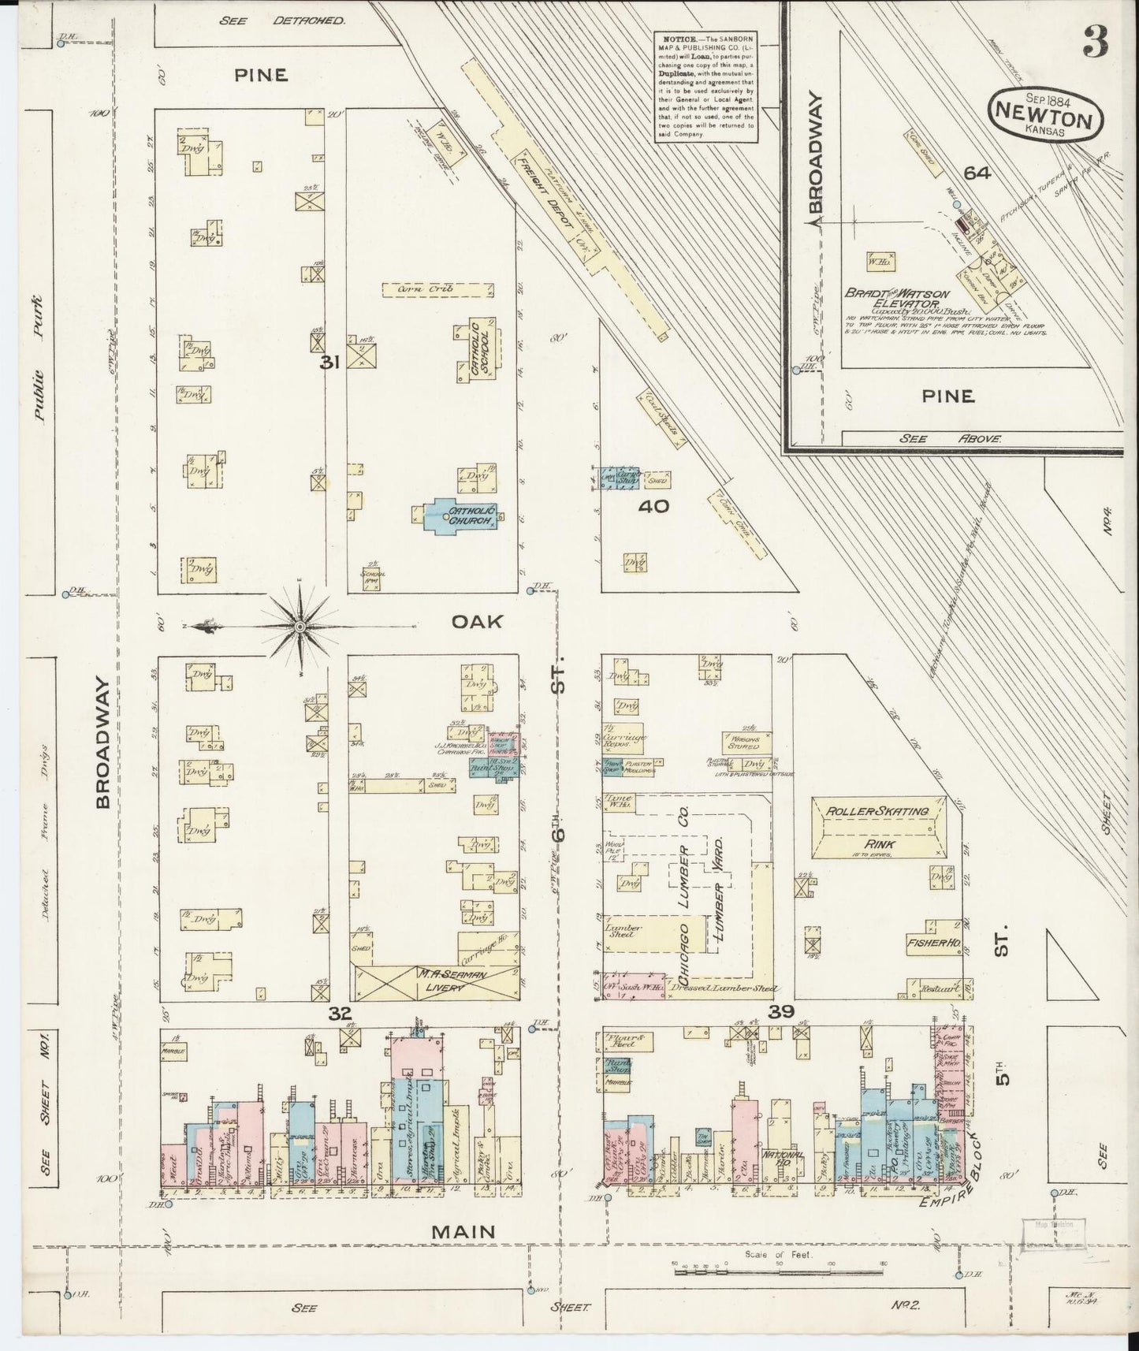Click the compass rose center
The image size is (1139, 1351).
(x=300, y=627)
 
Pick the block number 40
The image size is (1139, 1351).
(x=653, y=506)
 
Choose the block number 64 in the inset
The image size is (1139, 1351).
(x=976, y=173)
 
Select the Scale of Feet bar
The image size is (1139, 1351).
(x=776, y=1267)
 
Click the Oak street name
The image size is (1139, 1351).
(x=476, y=622)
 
